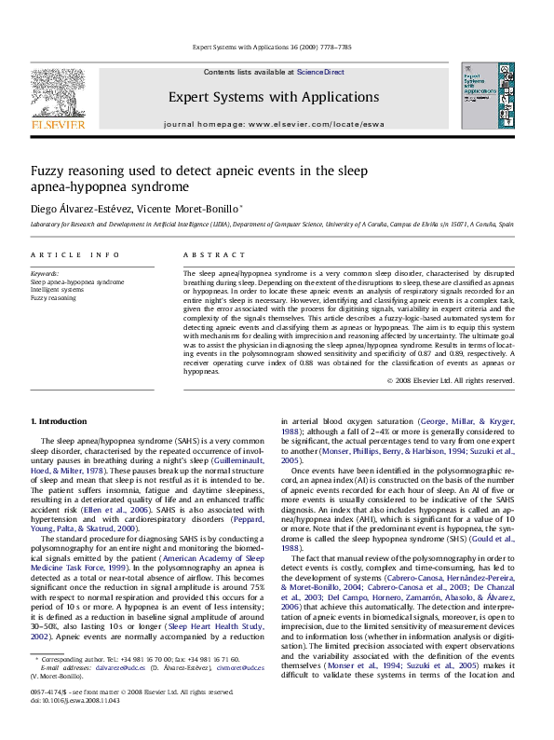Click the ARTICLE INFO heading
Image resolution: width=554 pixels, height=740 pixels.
[x=61, y=254]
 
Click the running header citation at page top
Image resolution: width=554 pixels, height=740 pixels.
[x=277, y=45]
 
